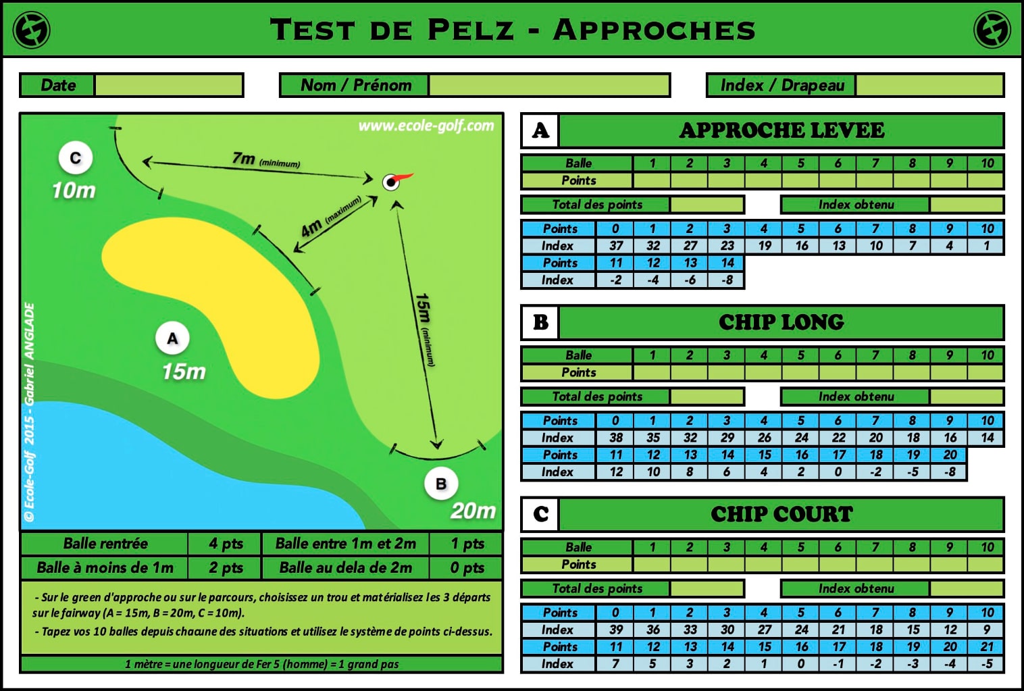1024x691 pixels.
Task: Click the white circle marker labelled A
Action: point(172,338)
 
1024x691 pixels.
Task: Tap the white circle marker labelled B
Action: point(441,484)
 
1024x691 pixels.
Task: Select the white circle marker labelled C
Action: point(76,157)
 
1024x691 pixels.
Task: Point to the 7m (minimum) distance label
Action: point(265,159)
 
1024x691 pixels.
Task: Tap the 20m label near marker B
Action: point(473,511)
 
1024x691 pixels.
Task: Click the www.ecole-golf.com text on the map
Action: point(426,126)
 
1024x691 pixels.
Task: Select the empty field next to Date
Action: point(168,85)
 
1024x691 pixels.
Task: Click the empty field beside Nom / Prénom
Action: point(549,85)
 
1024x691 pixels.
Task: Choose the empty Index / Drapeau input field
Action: point(929,85)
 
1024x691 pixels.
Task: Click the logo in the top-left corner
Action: point(31,30)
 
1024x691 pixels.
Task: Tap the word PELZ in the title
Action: point(471,30)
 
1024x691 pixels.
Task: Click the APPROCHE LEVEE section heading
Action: point(782,130)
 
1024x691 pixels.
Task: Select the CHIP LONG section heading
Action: point(782,322)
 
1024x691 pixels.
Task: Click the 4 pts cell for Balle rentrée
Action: point(226,543)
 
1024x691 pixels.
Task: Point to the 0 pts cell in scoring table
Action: point(467,567)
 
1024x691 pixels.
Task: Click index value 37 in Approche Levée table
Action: point(616,246)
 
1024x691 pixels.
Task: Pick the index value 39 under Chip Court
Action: point(616,630)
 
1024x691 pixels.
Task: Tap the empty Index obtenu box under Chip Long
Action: point(967,396)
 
